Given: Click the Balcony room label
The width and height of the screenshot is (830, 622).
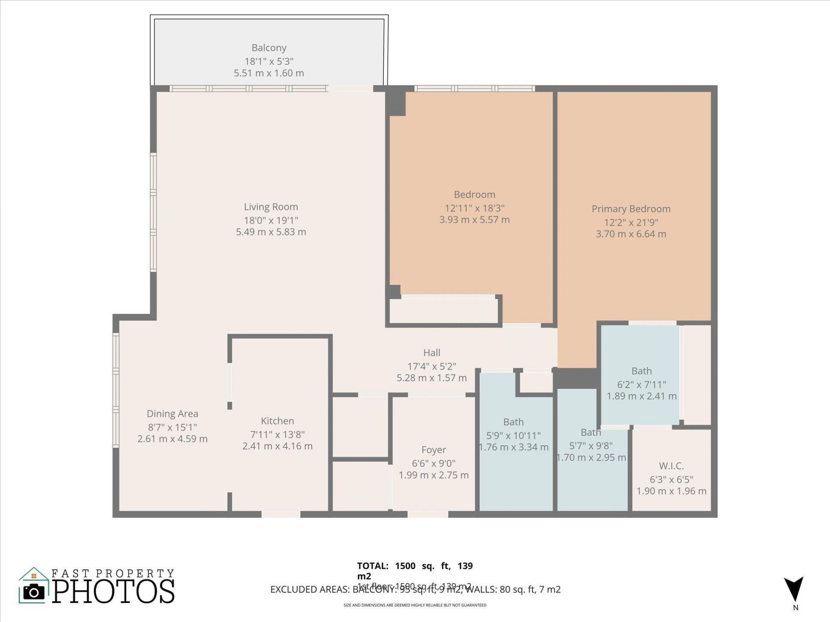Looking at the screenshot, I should pyautogui.click(x=269, y=48).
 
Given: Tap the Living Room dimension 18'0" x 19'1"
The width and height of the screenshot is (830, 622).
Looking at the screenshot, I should pyautogui.click(x=271, y=220).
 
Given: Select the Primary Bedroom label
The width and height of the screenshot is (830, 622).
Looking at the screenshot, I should pyautogui.click(x=631, y=209).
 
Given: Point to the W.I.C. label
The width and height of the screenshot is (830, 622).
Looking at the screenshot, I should pyautogui.click(x=671, y=466).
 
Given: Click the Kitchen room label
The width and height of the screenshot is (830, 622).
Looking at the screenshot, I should pyautogui.click(x=277, y=421).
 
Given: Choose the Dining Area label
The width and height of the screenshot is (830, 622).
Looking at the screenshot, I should pyautogui.click(x=172, y=414).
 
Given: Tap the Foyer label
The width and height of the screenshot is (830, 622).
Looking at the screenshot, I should pyautogui.click(x=434, y=450).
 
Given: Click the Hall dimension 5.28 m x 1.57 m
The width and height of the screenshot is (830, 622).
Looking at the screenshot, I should pyautogui.click(x=431, y=378).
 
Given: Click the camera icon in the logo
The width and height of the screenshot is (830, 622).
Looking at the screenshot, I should pyautogui.click(x=34, y=591).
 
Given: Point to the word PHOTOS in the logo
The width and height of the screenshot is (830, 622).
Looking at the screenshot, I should pyautogui.click(x=114, y=592).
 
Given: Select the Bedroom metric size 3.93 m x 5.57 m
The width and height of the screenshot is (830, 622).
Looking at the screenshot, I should pyautogui.click(x=474, y=220).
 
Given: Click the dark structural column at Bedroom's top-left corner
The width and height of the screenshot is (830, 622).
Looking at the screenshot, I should pyautogui.click(x=396, y=103).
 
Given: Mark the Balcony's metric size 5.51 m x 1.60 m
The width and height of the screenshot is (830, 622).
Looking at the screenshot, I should pyautogui.click(x=269, y=73).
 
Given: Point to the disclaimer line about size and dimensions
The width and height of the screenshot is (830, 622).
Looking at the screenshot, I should pyautogui.click(x=415, y=605).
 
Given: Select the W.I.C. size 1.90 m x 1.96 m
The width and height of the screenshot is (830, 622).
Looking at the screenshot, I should pyautogui.click(x=671, y=491).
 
